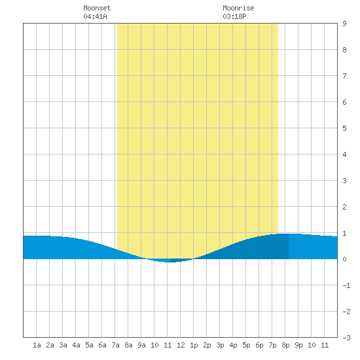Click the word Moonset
pyautogui.click(x=97, y=8)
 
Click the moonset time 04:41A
pyautogui.click(x=95, y=16)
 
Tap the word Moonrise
pyautogui.click(x=238, y=8)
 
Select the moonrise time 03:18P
pyautogui.click(x=234, y=16)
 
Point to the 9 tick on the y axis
pyautogui.click(x=344, y=24)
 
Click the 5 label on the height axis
pyautogui.click(x=344, y=128)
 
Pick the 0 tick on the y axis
pyautogui.click(x=344, y=259)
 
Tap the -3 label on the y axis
pyautogui.click(x=346, y=338)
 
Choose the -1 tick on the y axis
pyautogui.click(x=346, y=285)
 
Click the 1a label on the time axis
pyautogui.click(x=37, y=345)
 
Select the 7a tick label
pyautogui.click(x=115, y=345)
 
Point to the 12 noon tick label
pyautogui.click(x=181, y=345)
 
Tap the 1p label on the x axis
pyautogui.click(x=194, y=345)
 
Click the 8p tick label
pyautogui.click(x=285, y=345)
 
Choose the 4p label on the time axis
pyautogui.click(x=233, y=345)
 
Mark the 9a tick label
pyautogui.click(x=141, y=345)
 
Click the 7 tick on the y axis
pyautogui.click(x=344, y=76)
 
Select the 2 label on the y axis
pyautogui.click(x=344, y=207)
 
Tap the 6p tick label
pyautogui.click(x=259, y=345)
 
